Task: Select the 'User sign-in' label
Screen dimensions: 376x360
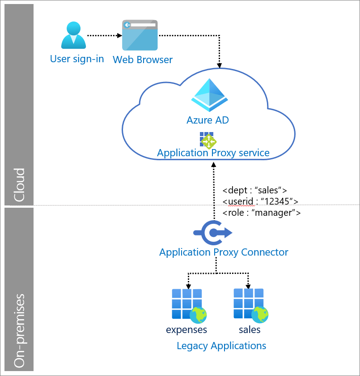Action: [x=77, y=59]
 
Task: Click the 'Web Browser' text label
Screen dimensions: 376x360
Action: [x=143, y=60]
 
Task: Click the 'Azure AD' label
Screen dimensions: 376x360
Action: [x=208, y=120]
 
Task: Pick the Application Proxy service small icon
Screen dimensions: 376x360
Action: [x=208, y=140]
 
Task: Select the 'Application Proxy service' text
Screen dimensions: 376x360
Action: [x=213, y=153]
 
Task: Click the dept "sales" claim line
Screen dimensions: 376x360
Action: [x=254, y=189]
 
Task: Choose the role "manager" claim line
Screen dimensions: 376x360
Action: [x=261, y=213]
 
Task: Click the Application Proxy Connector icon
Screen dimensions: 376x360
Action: [x=213, y=232]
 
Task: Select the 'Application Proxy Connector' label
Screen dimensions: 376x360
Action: [x=224, y=252]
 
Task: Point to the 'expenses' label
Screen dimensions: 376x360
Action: [x=186, y=330]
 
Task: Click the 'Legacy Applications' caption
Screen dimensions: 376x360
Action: [x=221, y=346]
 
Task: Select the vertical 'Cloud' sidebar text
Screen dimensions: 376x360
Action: [x=19, y=184]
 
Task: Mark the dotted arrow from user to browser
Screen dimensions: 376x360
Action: [x=103, y=35]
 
